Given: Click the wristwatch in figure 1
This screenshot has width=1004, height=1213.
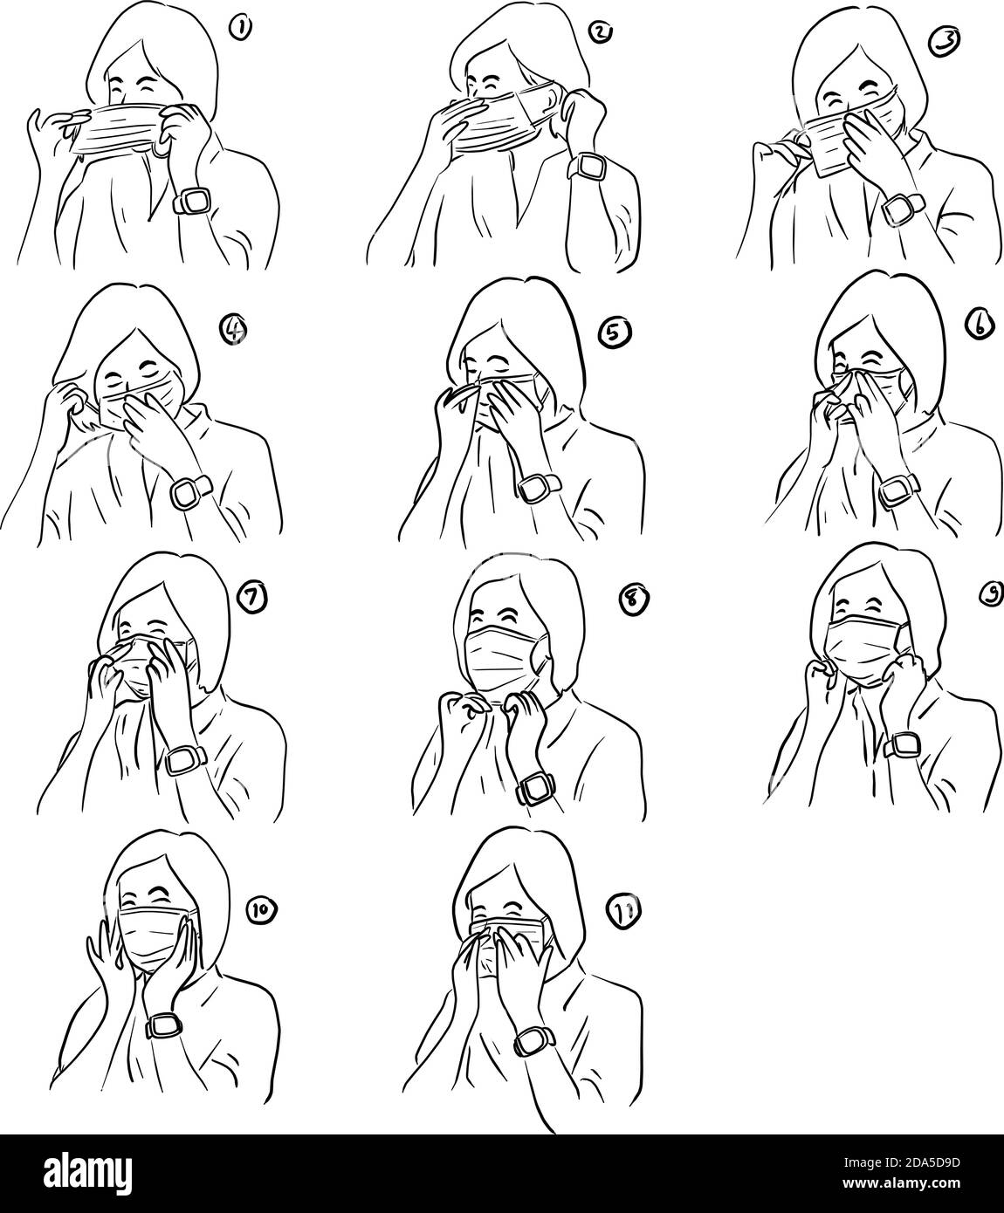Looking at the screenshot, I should click(x=189, y=201).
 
